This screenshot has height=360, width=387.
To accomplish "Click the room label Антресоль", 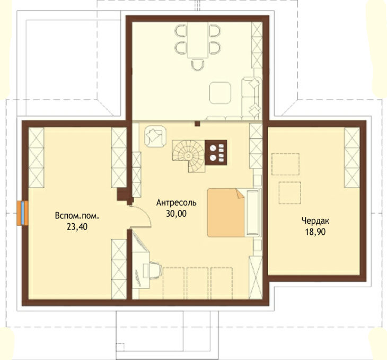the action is pos(177,203).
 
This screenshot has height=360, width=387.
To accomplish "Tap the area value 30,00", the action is pos(176,214).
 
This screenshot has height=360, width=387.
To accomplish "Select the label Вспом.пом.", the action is pos(77,216).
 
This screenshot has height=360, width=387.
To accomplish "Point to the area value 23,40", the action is pos(77,227).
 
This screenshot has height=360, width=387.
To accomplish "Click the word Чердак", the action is pos(315,221).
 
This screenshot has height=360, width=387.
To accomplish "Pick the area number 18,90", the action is pos(315,232).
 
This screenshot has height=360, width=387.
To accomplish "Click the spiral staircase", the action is pos(189,156).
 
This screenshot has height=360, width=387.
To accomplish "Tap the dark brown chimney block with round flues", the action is pos(216,152).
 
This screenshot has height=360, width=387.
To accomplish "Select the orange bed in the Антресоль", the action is pos(226,213).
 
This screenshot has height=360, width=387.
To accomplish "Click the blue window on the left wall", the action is pos(22,213).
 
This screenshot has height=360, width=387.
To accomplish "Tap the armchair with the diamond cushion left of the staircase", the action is pos(155,136).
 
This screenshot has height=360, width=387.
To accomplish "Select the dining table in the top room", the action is pos(197,40).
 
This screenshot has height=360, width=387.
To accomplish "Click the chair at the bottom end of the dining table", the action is pos(198,65).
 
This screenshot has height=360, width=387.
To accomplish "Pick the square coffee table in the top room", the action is pos(220,93).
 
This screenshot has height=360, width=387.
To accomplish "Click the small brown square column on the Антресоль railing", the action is pos(197,124).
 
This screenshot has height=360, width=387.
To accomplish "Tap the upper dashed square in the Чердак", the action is pos(286,164).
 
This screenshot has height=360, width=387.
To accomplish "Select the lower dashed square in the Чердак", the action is pos(290,192).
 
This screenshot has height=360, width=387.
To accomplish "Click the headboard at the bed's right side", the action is pos(252,213).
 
